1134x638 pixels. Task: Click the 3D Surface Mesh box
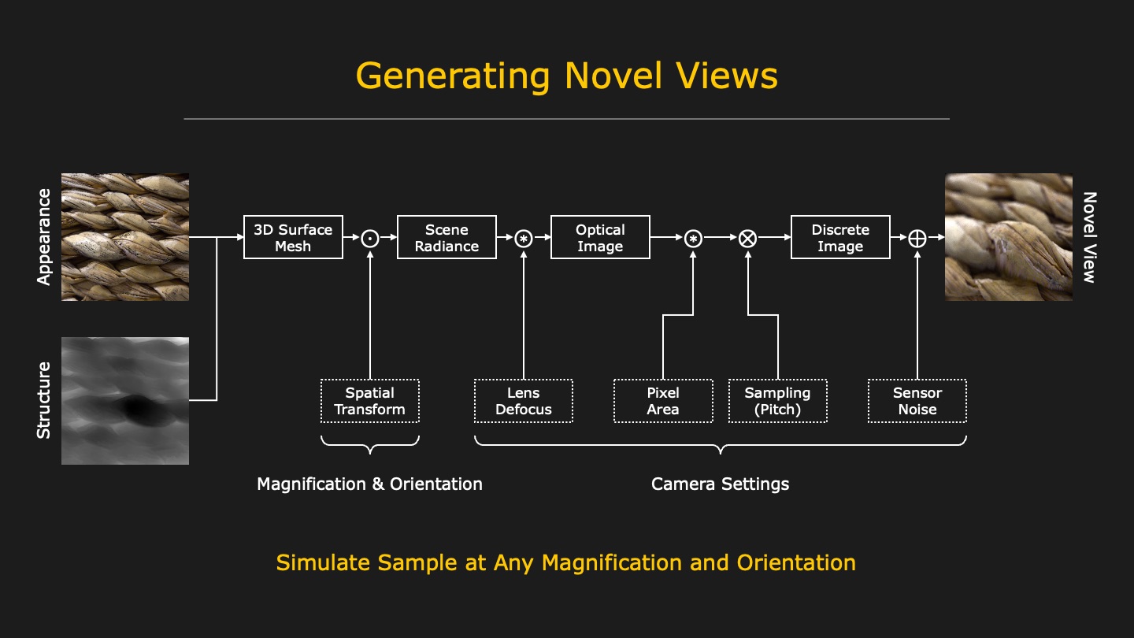(293, 237)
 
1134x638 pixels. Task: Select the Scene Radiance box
(447, 237)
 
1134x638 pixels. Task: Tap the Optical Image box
(600, 237)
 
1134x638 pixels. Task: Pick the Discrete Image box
(840, 237)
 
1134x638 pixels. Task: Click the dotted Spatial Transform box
(369, 401)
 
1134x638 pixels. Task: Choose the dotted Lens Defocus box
(523, 401)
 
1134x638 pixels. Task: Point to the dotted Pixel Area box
(663, 401)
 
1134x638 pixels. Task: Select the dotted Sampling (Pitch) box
(777, 401)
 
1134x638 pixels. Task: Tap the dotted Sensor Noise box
(917, 401)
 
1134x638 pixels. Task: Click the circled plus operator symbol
(917, 238)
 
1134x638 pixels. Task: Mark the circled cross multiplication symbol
(747, 238)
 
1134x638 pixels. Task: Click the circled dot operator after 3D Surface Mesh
(370, 238)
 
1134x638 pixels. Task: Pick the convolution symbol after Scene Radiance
(524, 238)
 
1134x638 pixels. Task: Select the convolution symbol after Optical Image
(693, 238)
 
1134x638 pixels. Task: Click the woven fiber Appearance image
(125, 237)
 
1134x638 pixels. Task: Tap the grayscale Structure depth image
(125, 401)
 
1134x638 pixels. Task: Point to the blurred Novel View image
(1009, 237)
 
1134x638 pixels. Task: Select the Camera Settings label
(720, 484)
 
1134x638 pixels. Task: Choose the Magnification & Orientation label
(369, 484)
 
